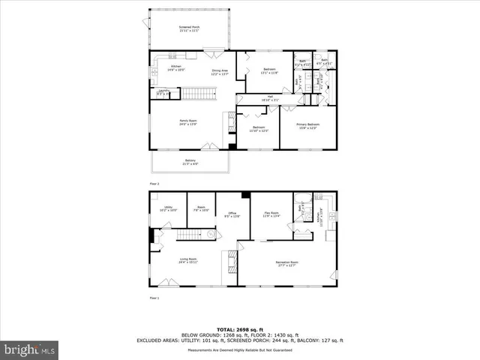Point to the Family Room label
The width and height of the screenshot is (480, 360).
(187, 122)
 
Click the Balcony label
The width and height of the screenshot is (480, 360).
(190, 161)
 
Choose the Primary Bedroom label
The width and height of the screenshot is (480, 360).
(307, 125)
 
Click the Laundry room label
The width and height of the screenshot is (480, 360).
(163, 92)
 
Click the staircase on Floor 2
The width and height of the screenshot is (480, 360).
(198, 94)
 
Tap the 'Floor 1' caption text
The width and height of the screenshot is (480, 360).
(154, 298)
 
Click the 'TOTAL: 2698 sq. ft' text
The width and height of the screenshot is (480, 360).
(239, 329)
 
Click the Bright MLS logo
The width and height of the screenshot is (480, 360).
(30, 349)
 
